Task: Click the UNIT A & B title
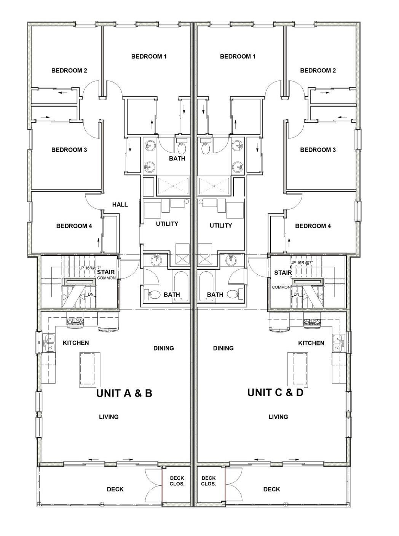coord(124,393)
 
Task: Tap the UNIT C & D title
coord(275,392)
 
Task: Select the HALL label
coord(120,205)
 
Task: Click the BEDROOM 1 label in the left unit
coord(149,56)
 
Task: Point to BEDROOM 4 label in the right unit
coord(313,226)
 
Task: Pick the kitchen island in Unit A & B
coord(90,370)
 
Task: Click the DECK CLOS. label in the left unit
coord(177,481)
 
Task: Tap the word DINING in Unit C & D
coord(223,348)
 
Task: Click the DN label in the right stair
coord(296,294)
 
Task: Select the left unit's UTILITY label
coord(167,224)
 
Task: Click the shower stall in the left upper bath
coord(173,186)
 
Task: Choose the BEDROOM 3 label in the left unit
coord(69,150)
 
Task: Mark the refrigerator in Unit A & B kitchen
coord(109,321)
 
